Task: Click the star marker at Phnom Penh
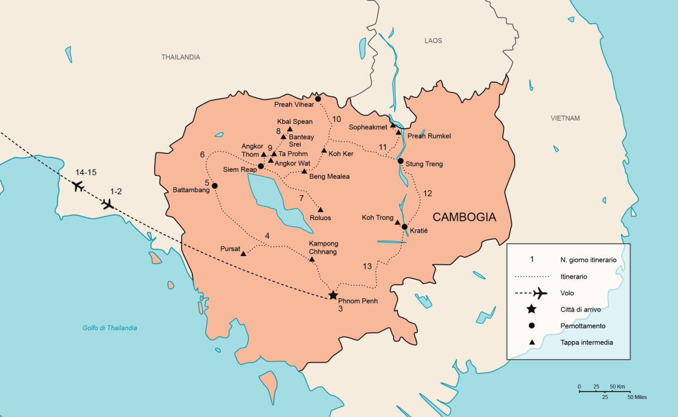click(x=333, y=295)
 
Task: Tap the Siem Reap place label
click(x=240, y=170)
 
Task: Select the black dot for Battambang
click(x=214, y=186)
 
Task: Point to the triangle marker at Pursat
click(x=243, y=254)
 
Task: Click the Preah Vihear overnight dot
click(x=318, y=99)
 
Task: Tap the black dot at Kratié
click(x=404, y=227)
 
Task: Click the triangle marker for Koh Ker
click(x=324, y=151)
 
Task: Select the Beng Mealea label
click(x=329, y=177)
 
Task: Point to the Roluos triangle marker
click(x=320, y=210)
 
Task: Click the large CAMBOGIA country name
click(x=465, y=217)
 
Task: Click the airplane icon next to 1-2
click(x=107, y=204)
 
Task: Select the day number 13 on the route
click(x=367, y=266)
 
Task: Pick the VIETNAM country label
click(x=565, y=119)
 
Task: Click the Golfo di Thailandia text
click(x=110, y=328)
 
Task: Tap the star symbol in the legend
click(x=531, y=309)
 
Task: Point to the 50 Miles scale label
click(x=637, y=397)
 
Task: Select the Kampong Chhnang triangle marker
click(x=312, y=259)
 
